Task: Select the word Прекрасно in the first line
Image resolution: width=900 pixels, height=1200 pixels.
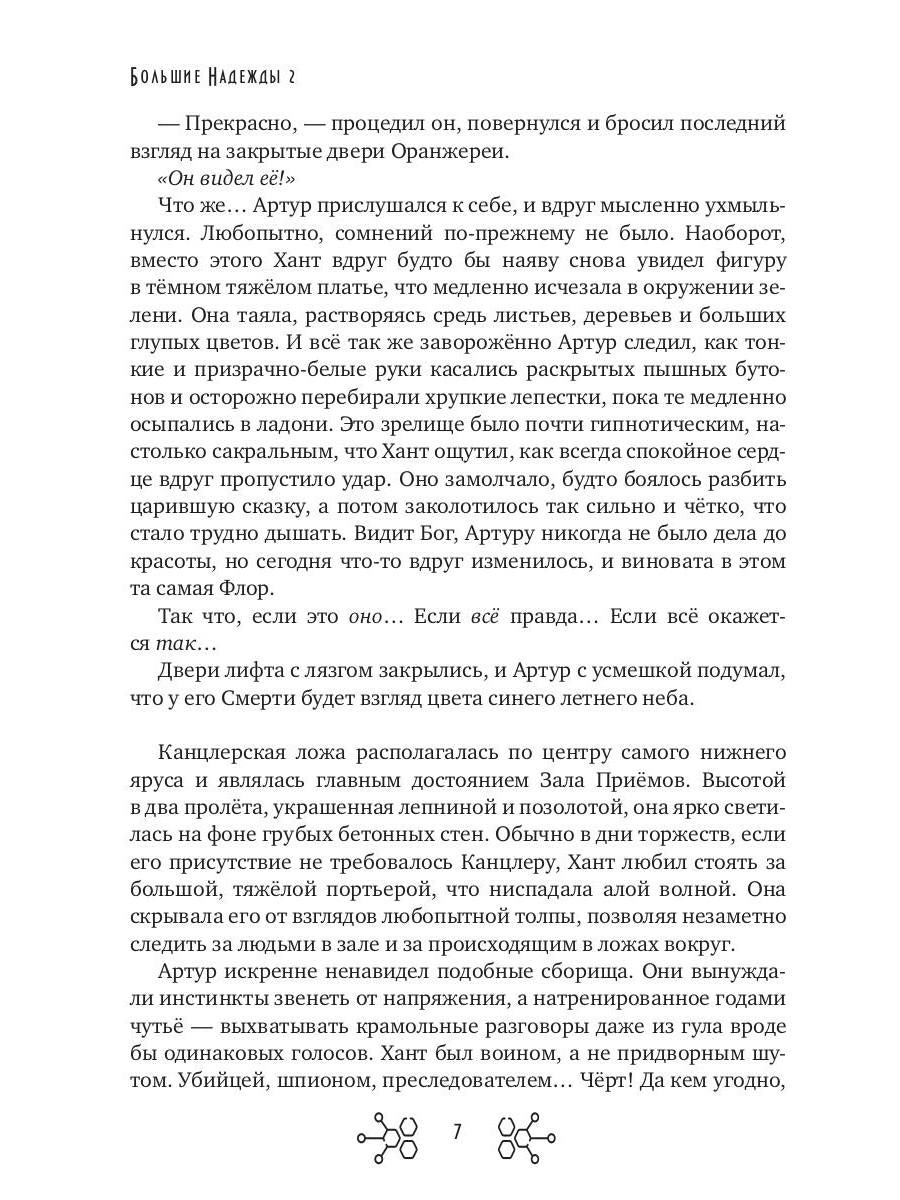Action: tap(239, 123)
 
